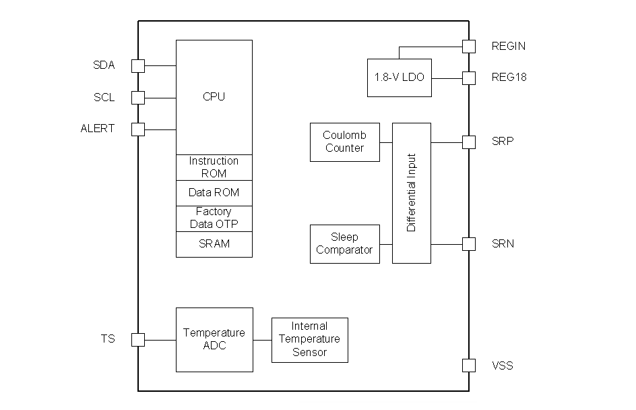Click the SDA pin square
tap(138, 65)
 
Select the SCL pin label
tap(104, 98)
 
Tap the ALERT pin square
tap(138, 129)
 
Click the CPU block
tap(214, 96)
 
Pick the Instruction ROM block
tap(214, 167)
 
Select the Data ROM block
tap(214, 193)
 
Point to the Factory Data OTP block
tap(214, 218)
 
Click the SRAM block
tap(214, 244)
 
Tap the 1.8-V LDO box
tap(400, 78)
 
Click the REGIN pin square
tap(469, 46)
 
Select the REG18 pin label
tap(509, 78)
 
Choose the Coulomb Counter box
tap(344, 142)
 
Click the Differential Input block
tap(411, 193)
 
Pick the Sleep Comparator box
tap(344, 243)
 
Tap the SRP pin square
tap(469, 142)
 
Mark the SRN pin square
tap(469, 243)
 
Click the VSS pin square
tap(469, 365)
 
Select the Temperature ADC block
tap(214, 339)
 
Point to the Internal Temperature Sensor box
tap(310, 340)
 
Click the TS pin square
tap(138, 339)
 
